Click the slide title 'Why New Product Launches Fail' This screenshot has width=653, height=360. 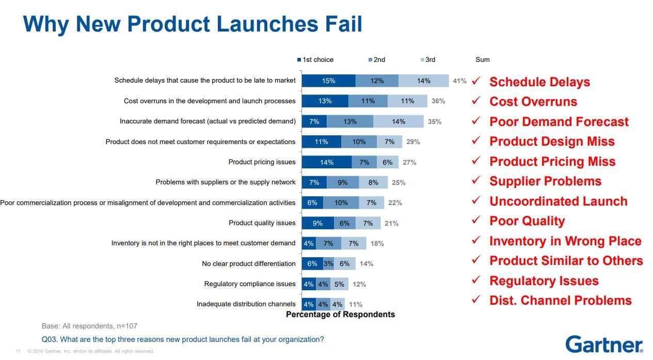(193, 24)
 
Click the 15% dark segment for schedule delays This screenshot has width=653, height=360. (328, 81)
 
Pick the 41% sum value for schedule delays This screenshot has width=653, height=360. (459, 81)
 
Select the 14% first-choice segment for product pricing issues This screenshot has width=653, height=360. (326, 162)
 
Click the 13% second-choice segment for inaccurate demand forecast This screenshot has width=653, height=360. (349, 121)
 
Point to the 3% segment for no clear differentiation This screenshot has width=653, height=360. (328, 263)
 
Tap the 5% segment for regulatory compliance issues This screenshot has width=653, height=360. (339, 284)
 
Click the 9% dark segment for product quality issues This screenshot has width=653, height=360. (317, 223)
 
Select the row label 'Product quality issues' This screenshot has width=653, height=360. (262, 223)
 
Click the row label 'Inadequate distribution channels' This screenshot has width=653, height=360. (246, 304)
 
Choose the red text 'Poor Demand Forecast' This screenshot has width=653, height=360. (559, 122)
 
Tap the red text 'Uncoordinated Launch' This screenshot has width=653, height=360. (558, 201)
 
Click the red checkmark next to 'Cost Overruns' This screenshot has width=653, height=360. (476, 101)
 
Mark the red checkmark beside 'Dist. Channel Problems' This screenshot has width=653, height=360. (476, 300)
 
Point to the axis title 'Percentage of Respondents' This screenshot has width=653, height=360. (340, 315)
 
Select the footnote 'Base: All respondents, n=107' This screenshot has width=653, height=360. (89, 326)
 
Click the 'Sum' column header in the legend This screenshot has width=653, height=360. (482, 60)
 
